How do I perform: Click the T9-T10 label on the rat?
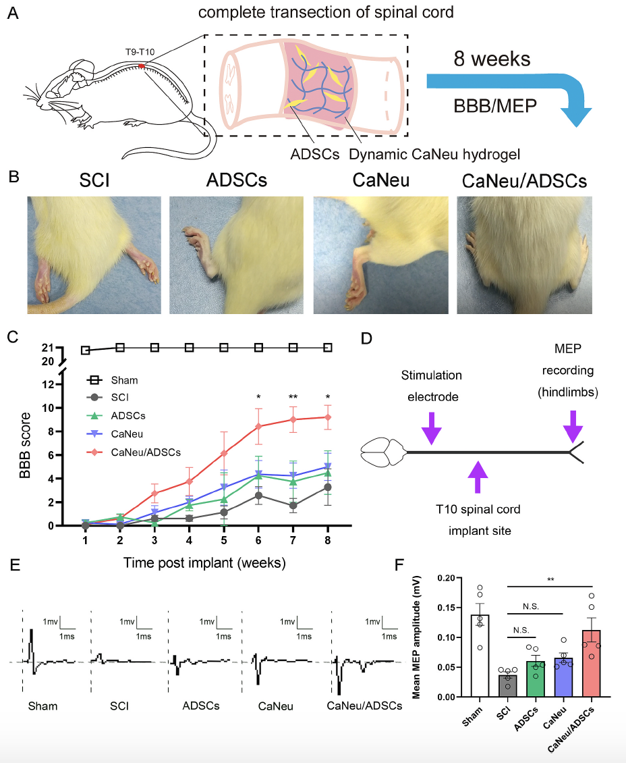[138, 51]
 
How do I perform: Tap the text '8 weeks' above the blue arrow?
[491, 59]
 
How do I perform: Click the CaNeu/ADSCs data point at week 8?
[328, 417]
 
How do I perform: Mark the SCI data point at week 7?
[293, 505]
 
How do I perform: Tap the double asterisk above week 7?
[293, 397]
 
